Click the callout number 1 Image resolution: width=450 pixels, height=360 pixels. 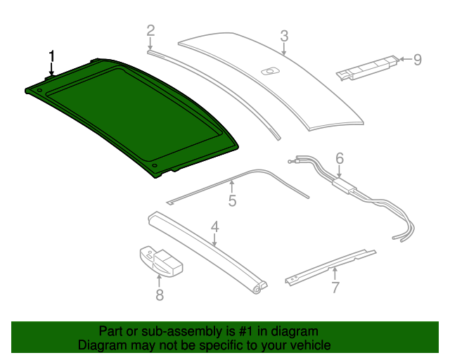(51, 56)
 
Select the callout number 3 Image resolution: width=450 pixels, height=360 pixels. (284, 36)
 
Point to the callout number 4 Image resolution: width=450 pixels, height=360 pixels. (215, 227)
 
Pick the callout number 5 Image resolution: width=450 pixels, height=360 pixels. (232, 201)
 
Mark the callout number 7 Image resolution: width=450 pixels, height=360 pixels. (335, 287)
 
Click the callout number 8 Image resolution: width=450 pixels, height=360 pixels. (160, 295)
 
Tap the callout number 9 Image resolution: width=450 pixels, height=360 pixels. (417, 60)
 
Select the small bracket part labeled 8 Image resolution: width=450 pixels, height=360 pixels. (161, 261)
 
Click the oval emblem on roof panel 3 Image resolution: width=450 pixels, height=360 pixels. (269, 70)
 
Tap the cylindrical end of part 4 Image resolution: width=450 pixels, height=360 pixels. (260, 288)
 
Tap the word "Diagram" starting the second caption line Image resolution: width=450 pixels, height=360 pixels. (101, 345)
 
